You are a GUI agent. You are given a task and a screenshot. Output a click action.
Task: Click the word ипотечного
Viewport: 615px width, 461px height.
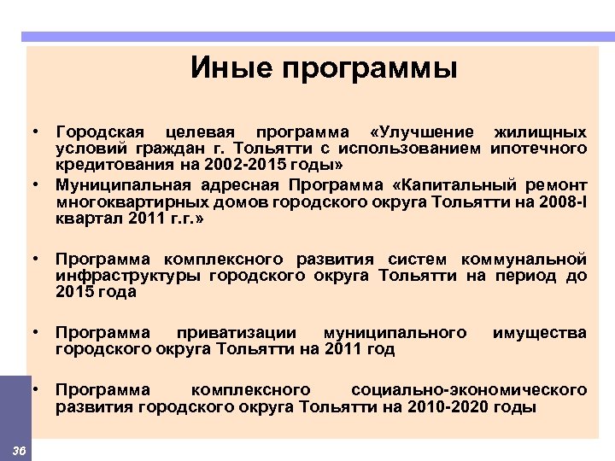[x=539, y=148]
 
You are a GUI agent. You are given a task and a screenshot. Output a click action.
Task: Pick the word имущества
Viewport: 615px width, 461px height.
[x=540, y=332]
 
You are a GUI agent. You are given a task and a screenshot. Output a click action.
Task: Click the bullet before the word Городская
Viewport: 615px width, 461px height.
[x=38, y=132]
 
